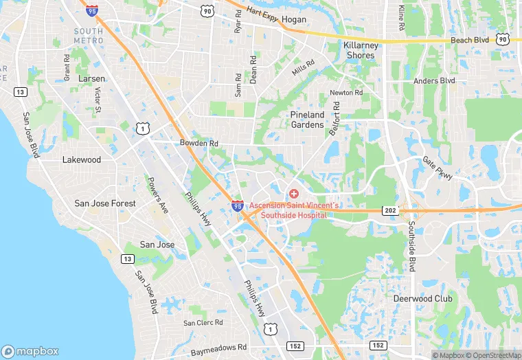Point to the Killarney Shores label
pos(360,50)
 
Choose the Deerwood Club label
pos(422,299)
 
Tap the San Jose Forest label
pos(105,204)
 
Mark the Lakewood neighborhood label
pos(82,160)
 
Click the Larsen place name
pos(91,79)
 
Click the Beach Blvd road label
pos(470,41)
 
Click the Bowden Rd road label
pos(198,143)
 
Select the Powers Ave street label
pos(158,196)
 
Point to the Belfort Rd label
pos(334,118)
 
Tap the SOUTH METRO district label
pos(89,36)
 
